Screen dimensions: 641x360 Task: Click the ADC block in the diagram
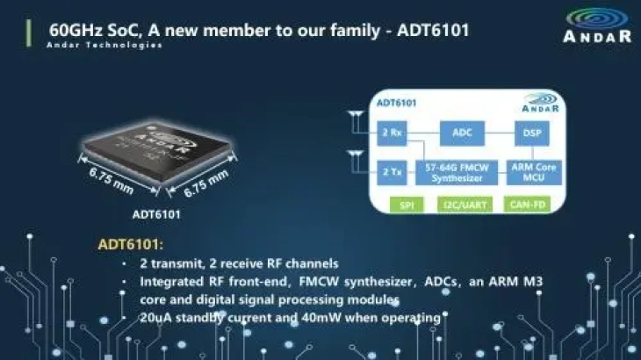[462, 133]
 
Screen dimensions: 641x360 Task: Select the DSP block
[532, 133]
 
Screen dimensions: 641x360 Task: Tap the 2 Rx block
[392, 133]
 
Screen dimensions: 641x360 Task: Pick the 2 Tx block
[392, 172]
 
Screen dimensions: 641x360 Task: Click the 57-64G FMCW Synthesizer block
[457, 172]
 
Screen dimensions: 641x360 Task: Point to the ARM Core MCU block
[534, 172]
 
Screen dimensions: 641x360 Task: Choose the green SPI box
[407, 205]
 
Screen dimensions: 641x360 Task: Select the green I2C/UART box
[465, 205]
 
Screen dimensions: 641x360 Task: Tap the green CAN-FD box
[528, 205]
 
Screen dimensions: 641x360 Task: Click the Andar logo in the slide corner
[597, 25]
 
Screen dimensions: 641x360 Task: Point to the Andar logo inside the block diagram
[540, 103]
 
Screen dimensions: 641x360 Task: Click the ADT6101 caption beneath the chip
[156, 214]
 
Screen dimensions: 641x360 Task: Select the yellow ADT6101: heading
[131, 244]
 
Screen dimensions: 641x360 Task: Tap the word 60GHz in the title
[76, 31]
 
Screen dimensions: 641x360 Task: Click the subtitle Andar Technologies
[104, 45]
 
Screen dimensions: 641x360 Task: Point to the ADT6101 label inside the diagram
[396, 103]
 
